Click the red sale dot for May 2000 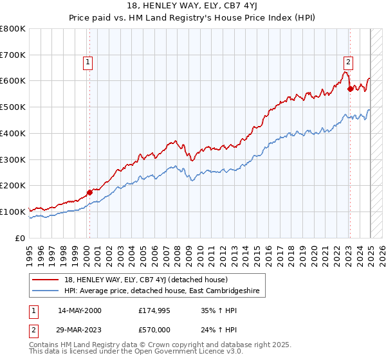click(x=89, y=192)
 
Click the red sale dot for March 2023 click(x=350, y=89)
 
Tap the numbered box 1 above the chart click(x=87, y=62)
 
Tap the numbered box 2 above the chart click(x=347, y=62)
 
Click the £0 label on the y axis click(x=21, y=238)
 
